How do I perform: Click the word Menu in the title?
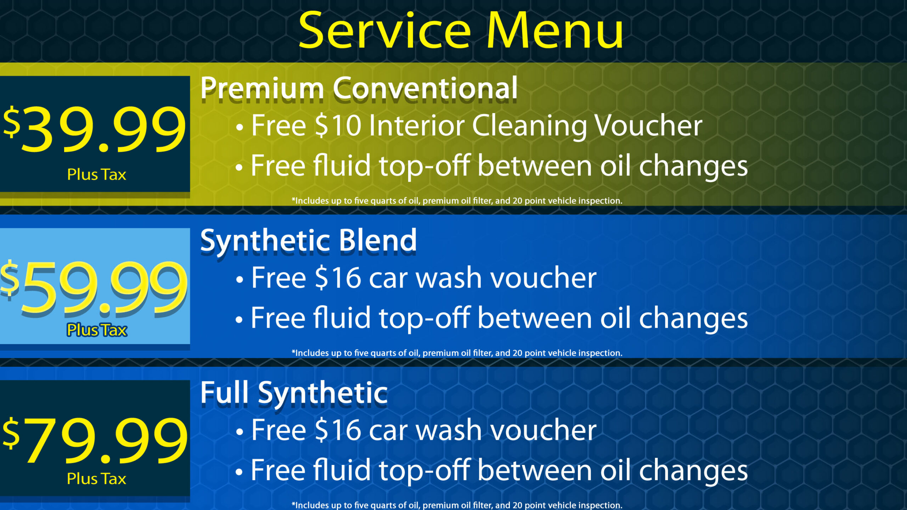[x=555, y=31]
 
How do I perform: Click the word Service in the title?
[x=385, y=31]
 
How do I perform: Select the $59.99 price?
[x=94, y=287]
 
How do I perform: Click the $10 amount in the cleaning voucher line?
[x=338, y=125]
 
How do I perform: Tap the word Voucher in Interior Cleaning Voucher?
[x=648, y=125]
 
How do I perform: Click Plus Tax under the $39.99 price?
[x=96, y=174]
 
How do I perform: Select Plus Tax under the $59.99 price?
[x=96, y=330]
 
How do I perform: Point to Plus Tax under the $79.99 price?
[x=96, y=478]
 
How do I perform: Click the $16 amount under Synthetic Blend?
[x=338, y=278]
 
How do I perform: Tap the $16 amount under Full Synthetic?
[x=338, y=430]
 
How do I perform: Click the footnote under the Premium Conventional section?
[x=457, y=201]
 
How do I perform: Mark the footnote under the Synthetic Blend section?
[x=457, y=353]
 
